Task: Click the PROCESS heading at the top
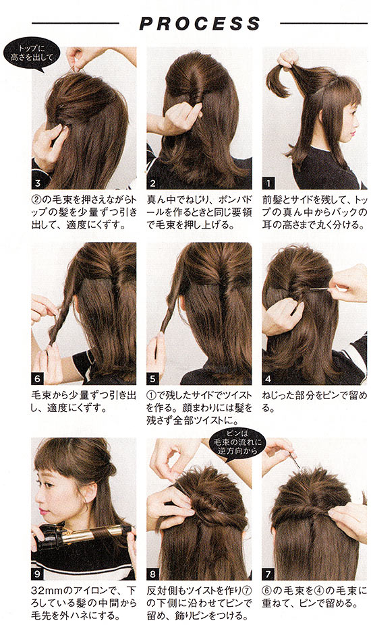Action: (x=200, y=24)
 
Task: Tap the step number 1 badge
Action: (x=268, y=183)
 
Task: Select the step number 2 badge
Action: (x=152, y=183)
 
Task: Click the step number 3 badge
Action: (x=38, y=183)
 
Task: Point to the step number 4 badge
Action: (x=268, y=379)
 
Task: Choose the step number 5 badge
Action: (x=152, y=379)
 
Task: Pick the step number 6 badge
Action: (x=38, y=379)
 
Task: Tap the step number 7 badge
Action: (x=268, y=574)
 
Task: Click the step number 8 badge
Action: (x=152, y=574)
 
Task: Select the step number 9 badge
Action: (x=38, y=574)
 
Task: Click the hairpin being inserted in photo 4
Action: (x=318, y=289)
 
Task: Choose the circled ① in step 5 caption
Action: (x=152, y=395)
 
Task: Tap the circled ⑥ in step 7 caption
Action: (x=267, y=591)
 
